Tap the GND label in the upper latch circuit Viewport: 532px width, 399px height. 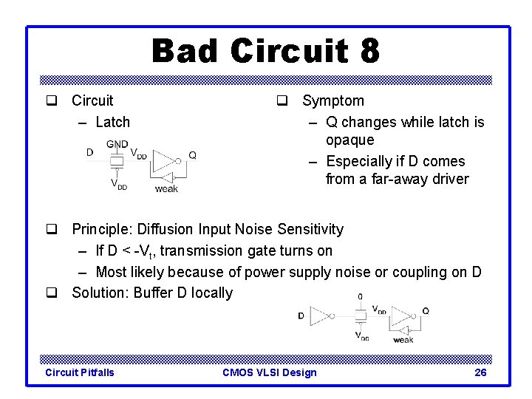117,144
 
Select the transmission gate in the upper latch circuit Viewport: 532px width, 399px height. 116,161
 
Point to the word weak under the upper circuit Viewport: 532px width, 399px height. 166,189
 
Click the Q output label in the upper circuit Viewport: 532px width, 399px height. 192,154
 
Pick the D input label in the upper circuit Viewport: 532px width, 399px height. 89,153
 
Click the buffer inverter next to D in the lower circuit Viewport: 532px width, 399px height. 321,316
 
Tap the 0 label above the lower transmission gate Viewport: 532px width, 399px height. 360,296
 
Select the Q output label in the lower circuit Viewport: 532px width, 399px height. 426,311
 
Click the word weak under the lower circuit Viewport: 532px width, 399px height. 403,340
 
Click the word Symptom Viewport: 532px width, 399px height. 332,100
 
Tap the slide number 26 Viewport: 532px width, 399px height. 480,372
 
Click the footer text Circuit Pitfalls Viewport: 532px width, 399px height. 80,372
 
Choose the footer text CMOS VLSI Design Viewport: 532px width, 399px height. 269,372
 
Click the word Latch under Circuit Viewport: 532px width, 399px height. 112,122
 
